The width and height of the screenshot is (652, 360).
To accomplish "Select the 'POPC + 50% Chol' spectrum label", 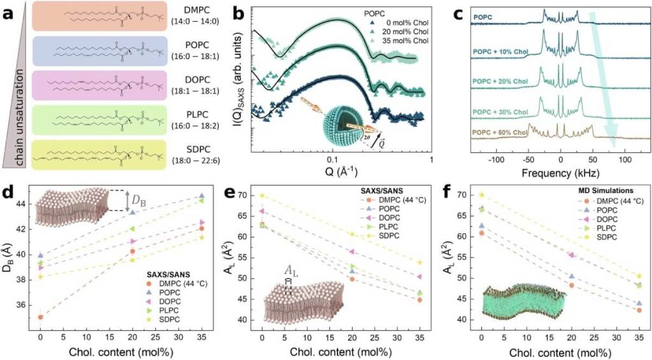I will [x=499, y=132].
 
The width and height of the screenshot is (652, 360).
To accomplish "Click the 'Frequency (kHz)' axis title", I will [x=560, y=173].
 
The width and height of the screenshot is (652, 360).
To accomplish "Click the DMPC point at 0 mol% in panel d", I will [x=41, y=317].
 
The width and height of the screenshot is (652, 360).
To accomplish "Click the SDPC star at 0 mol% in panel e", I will [x=261, y=196].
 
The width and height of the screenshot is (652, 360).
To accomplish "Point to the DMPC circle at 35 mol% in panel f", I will [x=638, y=310].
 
